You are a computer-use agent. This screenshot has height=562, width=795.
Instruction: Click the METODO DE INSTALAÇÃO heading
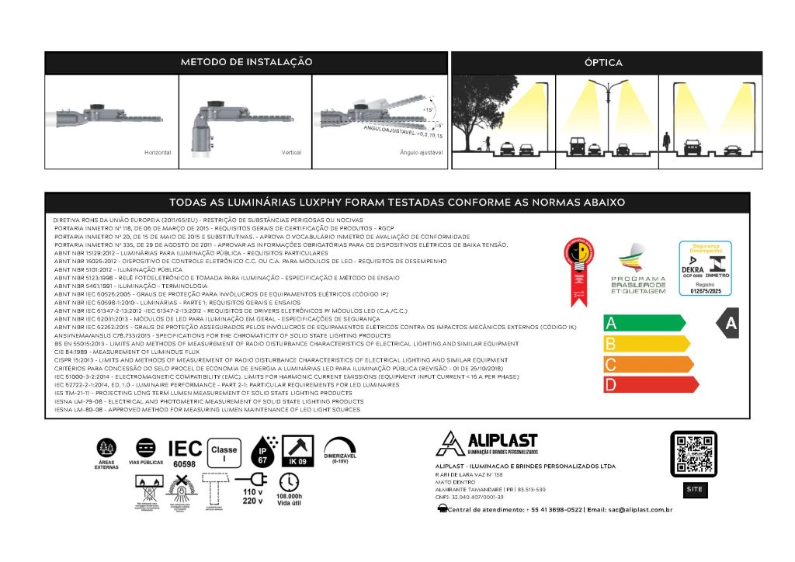pyautogui.click(x=246, y=61)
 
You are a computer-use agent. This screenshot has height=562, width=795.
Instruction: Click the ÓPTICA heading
pyautogui.click(x=603, y=62)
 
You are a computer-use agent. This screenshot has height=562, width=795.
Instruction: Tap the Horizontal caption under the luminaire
pyautogui.click(x=158, y=154)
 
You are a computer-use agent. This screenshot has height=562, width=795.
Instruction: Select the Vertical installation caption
pyautogui.click(x=291, y=154)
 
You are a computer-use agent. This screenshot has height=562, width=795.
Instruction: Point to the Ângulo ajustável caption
pyautogui.click(x=422, y=154)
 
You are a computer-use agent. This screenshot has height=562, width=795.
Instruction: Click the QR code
pyautogui.click(x=693, y=455)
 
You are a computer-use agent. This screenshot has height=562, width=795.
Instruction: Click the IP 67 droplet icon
pyautogui.click(x=265, y=451)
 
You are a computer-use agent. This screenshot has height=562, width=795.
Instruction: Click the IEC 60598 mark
pyautogui.click(x=185, y=453)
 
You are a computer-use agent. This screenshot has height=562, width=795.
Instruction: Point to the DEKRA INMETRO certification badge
pyautogui.click(x=705, y=269)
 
